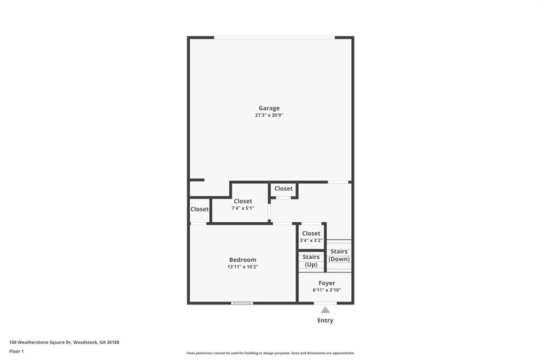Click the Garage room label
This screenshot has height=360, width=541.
click(269, 108)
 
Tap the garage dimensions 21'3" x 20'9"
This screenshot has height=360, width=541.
click(269, 115)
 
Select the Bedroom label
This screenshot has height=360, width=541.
click(242, 260)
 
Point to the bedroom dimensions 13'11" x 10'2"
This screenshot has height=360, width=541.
click(242, 267)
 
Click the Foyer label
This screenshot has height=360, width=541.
click(327, 283)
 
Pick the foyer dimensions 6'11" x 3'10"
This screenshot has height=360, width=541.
click(327, 290)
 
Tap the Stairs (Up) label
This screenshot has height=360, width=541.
click(311, 261)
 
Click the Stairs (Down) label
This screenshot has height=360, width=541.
click(339, 255)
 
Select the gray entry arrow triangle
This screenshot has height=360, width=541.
click(325, 310)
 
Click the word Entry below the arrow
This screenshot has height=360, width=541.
click(325, 320)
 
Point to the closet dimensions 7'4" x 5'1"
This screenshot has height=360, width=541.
click(242, 208)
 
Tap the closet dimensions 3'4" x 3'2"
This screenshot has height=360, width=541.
click(311, 240)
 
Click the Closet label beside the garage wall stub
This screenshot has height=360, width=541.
click(199, 210)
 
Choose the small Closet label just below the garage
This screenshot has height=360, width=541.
click(283, 188)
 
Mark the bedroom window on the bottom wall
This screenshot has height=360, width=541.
click(242, 303)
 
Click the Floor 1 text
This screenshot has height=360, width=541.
click(16, 352)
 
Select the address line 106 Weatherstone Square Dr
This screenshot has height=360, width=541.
click(64, 343)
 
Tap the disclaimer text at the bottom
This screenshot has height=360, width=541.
click(270, 353)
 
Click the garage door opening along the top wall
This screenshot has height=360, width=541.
click(274, 37)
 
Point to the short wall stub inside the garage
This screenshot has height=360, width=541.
click(197, 179)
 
